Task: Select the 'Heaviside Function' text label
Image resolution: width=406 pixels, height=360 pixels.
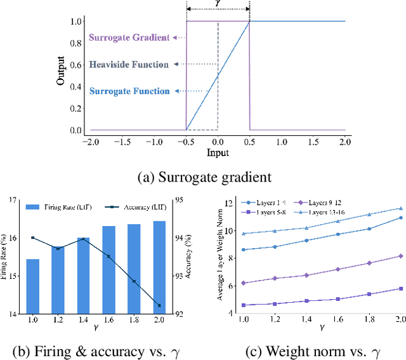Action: pos(129,64)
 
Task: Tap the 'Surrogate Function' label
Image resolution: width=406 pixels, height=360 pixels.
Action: pos(129,91)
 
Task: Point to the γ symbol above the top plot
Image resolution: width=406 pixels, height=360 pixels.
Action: pos(218,4)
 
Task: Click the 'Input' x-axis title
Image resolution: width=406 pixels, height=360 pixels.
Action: pos(218,154)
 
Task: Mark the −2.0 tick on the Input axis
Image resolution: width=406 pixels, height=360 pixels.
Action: pos(91,142)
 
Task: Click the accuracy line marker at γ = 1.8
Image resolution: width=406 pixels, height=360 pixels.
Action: pos(134,281)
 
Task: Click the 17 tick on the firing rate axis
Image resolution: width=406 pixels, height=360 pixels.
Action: pos(13,201)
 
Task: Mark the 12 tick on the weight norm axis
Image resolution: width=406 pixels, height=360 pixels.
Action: pos(230,203)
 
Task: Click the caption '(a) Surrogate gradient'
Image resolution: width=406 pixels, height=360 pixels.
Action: pos(202,177)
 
